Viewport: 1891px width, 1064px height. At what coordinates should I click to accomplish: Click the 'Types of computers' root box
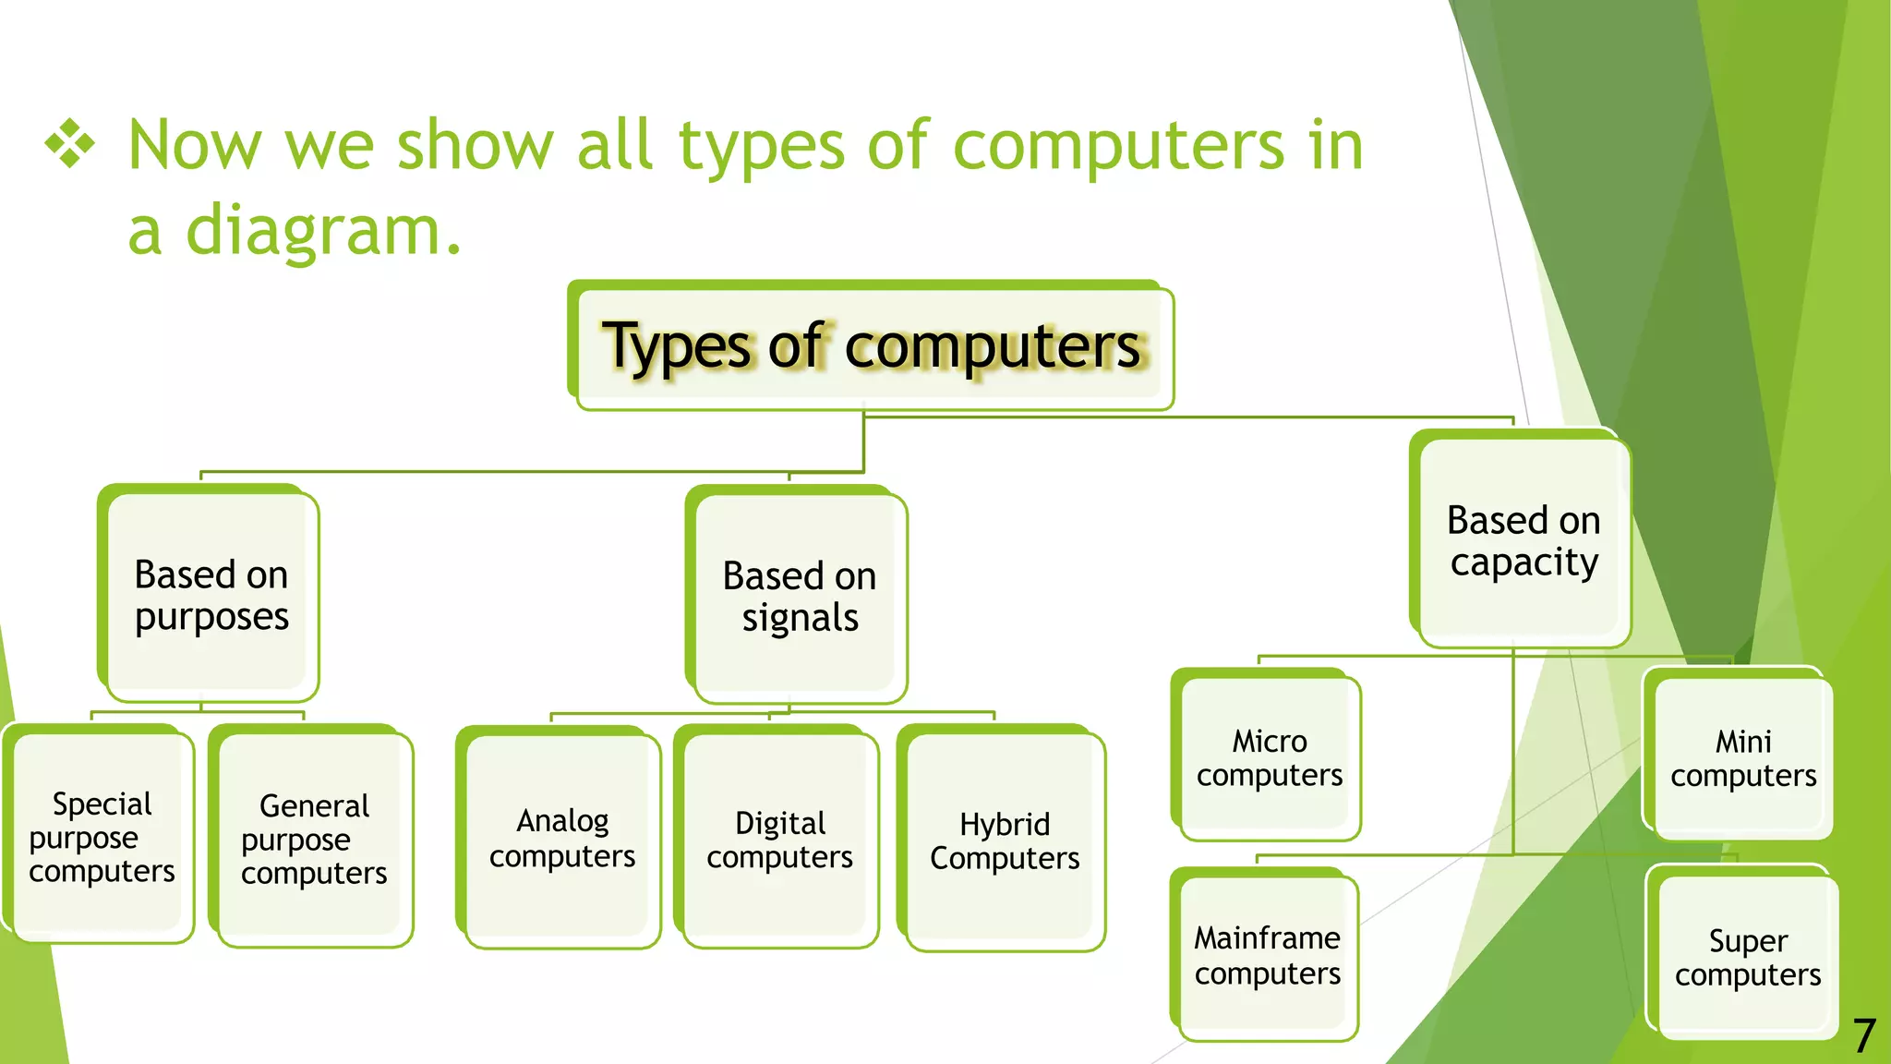coord(872,347)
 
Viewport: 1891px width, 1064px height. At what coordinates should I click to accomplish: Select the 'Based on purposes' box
coord(211,595)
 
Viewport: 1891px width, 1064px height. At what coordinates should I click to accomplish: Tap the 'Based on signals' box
coord(800,596)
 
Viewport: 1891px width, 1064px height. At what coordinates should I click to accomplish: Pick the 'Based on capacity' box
coord(1524,541)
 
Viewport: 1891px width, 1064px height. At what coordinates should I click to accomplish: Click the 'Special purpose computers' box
coord(102,837)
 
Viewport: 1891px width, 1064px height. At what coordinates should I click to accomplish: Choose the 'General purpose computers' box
coord(314,839)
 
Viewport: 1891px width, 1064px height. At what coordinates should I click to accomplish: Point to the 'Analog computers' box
coord(562,839)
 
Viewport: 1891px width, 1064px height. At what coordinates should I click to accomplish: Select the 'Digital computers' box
coord(780,840)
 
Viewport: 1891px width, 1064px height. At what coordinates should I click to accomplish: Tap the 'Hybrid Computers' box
coord(1005,840)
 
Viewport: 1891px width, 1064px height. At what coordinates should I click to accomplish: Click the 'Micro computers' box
coord(1270,757)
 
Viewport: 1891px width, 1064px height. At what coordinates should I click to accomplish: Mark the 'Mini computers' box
coord(1743,757)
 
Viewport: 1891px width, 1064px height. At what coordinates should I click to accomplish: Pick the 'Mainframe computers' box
coord(1268,956)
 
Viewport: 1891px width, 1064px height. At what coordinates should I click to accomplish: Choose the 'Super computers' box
coord(1748,958)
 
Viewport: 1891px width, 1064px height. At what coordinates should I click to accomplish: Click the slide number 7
coord(1864,1036)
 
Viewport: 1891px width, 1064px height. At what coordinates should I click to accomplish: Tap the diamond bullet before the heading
coord(70,145)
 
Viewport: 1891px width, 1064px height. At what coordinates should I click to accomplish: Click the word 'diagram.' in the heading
coord(321,230)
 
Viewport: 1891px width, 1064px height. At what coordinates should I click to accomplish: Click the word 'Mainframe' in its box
coord(1267,938)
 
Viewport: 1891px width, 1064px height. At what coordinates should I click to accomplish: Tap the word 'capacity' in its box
coord(1524,562)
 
